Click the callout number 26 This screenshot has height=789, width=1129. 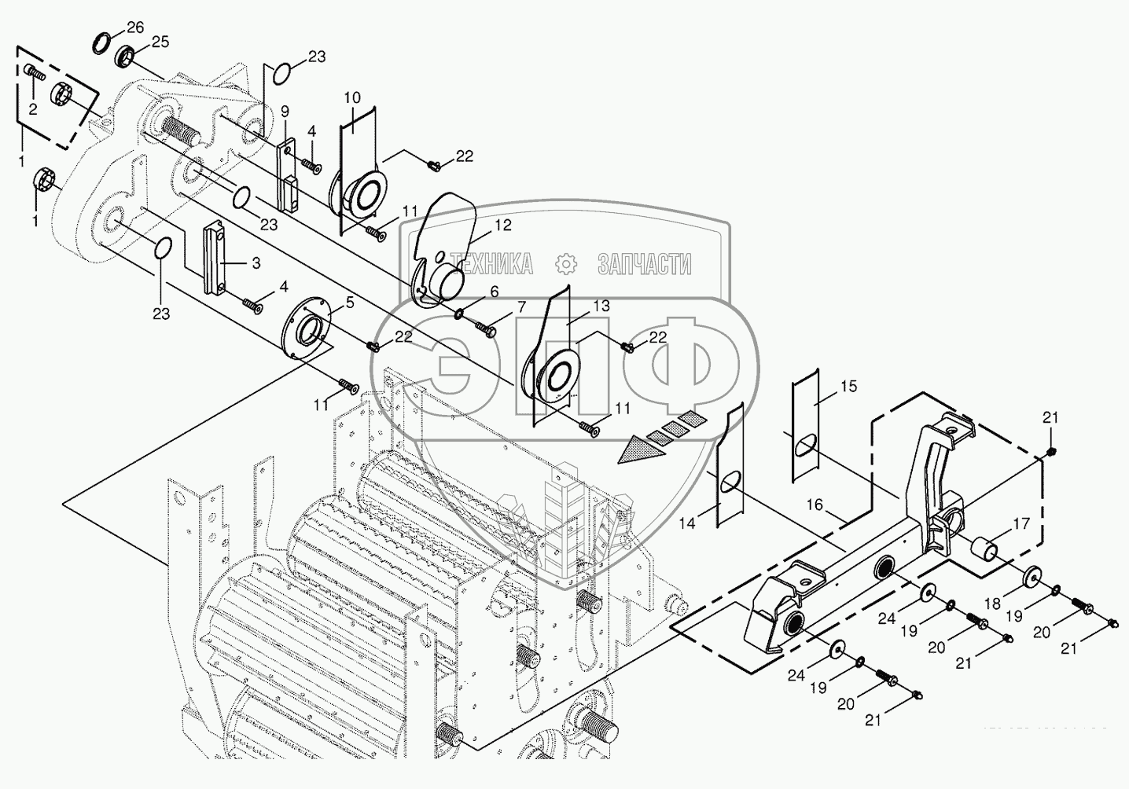pos(135,28)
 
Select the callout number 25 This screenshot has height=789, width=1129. pos(160,42)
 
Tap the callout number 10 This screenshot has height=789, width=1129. pos(352,97)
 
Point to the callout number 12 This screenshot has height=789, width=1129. pos(503,226)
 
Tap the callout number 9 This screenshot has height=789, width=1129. pos(285,111)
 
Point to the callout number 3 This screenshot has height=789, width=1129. pos(256,264)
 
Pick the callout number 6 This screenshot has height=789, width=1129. pos(494,292)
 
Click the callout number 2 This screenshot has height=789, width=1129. pos(33,109)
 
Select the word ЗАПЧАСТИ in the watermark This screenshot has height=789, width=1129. pos(644,264)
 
